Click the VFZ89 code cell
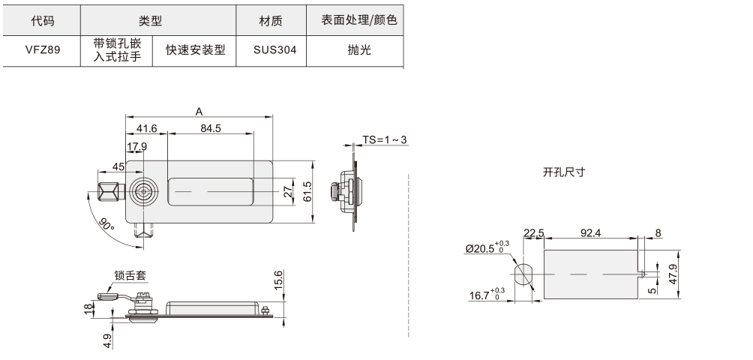[x=41, y=50]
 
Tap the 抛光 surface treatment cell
[x=359, y=50]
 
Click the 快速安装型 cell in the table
[x=195, y=50]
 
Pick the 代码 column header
[x=41, y=21]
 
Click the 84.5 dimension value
[x=211, y=128]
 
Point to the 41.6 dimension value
[x=146, y=128]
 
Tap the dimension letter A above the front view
[x=199, y=111]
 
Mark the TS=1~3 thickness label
[x=385, y=139]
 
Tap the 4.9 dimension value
[x=107, y=341]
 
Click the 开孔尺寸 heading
[x=563, y=172]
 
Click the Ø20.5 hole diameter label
[x=487, y=247]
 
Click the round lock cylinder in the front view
[x=143, y=192]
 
